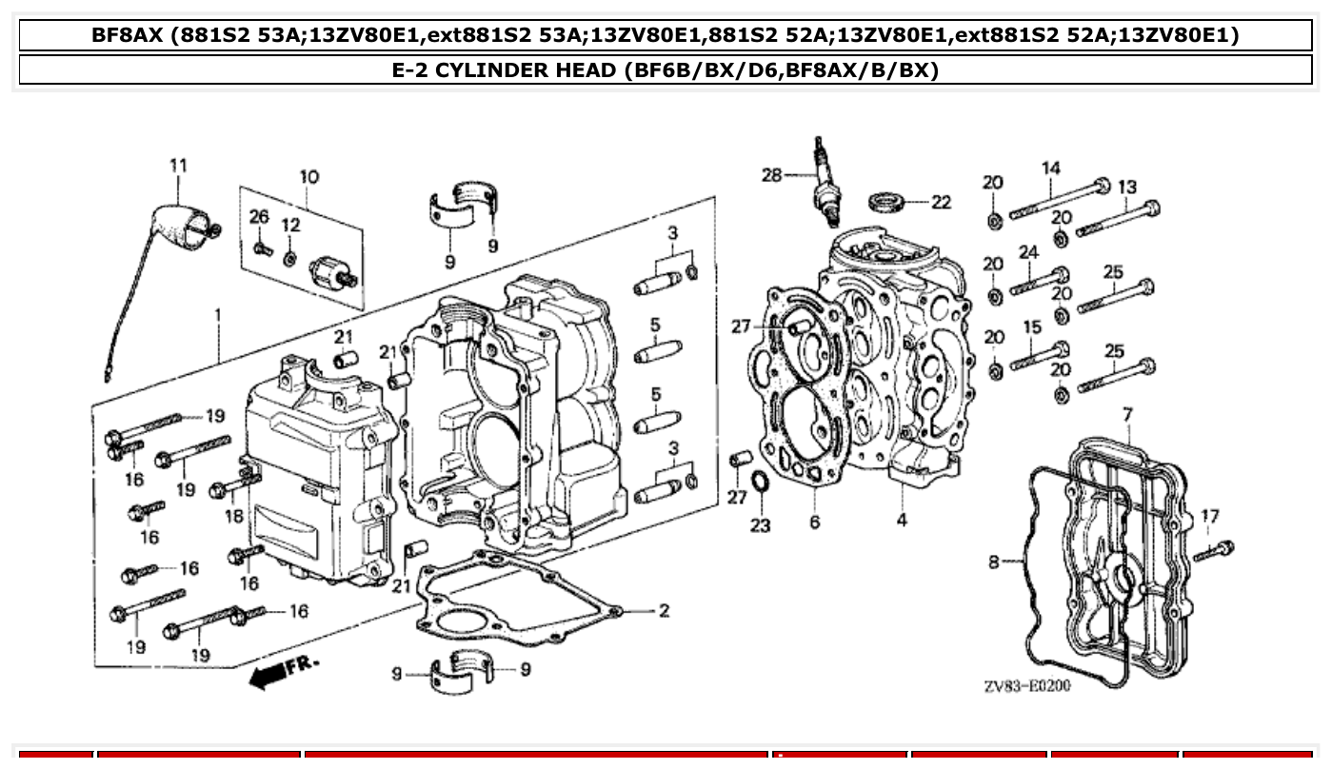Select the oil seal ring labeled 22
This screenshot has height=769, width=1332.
(x=888, y=203)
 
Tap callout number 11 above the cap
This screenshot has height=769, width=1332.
(x=178, y=166)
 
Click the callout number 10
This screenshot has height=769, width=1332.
(x=308, y=176)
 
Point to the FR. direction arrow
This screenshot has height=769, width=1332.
(x=284, y=669)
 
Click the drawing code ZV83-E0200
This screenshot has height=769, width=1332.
(x=1026, y=685)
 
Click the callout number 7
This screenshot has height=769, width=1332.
(x=1127, y=415)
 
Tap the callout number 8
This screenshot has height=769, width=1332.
(x=994, y=562)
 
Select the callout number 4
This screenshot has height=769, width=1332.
(x=901, y=520)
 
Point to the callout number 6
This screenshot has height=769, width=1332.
(x=815, y=523)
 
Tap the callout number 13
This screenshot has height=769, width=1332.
(x=1127, y=187)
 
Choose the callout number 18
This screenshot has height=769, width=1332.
(x=233, y=517)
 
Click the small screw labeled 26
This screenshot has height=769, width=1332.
(x=262, y=249)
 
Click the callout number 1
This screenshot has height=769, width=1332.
(x=218, y=313)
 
